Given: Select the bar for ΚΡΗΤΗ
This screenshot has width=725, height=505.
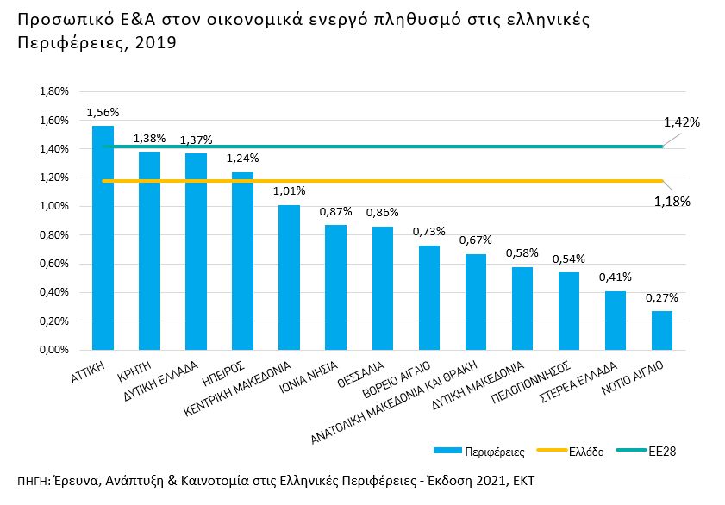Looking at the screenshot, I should pyautogui.click(x=149, y=251).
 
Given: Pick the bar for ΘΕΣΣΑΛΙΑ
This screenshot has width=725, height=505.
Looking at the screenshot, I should pyautogui.click(x=382, y=288).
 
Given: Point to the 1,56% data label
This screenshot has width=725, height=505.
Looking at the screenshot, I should pyautogui.click(x=103, y=112).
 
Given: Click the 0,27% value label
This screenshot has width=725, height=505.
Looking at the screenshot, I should pyautogui.click(x=661, y=297).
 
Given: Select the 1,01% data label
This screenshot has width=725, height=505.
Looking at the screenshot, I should pyautogui.click(x=289, y=191).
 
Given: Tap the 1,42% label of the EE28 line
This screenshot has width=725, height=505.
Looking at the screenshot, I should pyautogui.click(x=681, y=122).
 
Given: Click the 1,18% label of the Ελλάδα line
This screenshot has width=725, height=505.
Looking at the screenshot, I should pyautogui.click(x=673, y=202).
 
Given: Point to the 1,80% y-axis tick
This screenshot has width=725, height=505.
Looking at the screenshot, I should pyautogui.click(x=53, y=91).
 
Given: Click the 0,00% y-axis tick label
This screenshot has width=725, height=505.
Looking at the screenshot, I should pyautogui.click(x=53, y=350).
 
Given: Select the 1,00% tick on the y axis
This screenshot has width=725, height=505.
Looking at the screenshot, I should pyautogui.click(x=53, y=206).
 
